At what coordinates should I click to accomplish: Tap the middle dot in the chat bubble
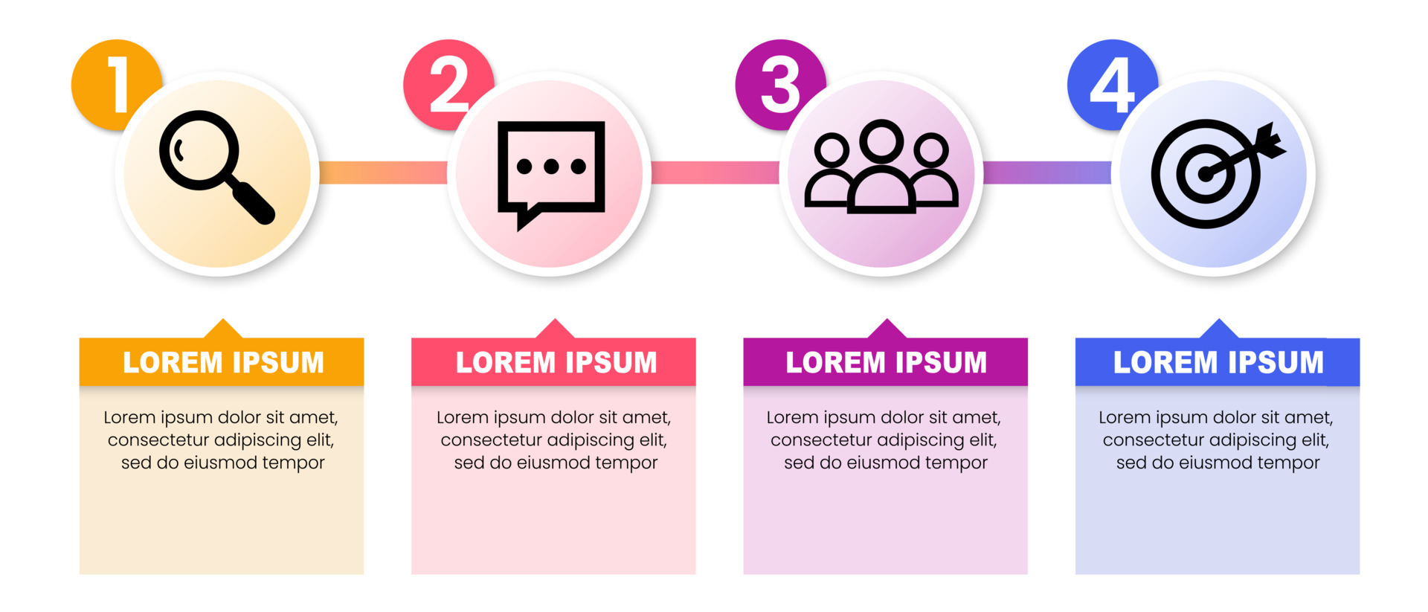pos(551,167)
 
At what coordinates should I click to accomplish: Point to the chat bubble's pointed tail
pos(525,219)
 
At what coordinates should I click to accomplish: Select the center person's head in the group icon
pos(882,141)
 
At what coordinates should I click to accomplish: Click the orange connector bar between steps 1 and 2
pos(383,173)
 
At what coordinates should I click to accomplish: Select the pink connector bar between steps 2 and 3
pos(715,173)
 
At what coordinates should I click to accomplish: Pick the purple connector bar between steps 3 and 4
pos(1047,173)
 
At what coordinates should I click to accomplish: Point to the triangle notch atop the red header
pos(554,329)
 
